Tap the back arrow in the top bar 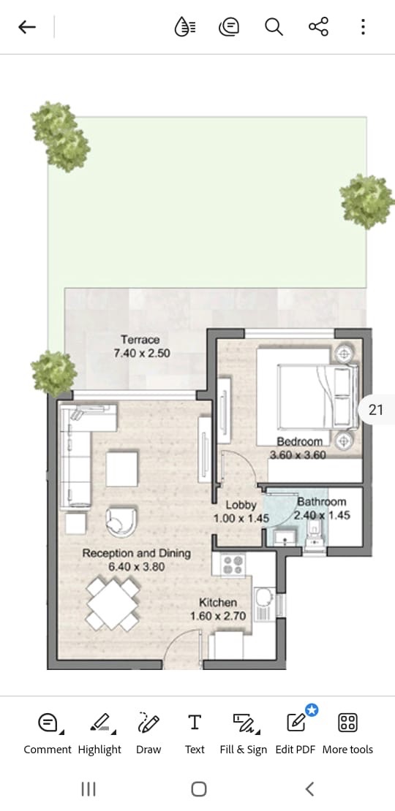pyautogui.click(x=27, y=27)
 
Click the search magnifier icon pyautogui.click(x=274, y=27)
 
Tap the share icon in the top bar pyautogui.click(x=318, y=27)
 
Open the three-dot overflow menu pyautogui.click(x=363, y=27)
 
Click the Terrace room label pyautogui.click(x=140, y=340)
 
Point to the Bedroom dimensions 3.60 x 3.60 pyautogui.click(x=298, y=455)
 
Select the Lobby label pyautogui.click(x=241, y=505)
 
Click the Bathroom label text pyautogui.click(x=322, y=502)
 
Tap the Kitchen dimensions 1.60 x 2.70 pyautogui.click(x=217, y=616)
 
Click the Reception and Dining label pyautogui.click(x=136, y=553)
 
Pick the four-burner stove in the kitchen pyautogui.click(x=233, y=565)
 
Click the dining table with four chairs pyautogui.click(x=113, y=604)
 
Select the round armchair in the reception pyautogui.click(x=121, y=522)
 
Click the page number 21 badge pyautogui.click(x=377, y=410)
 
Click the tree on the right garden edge pyautogui.click(x=366, y=202)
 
